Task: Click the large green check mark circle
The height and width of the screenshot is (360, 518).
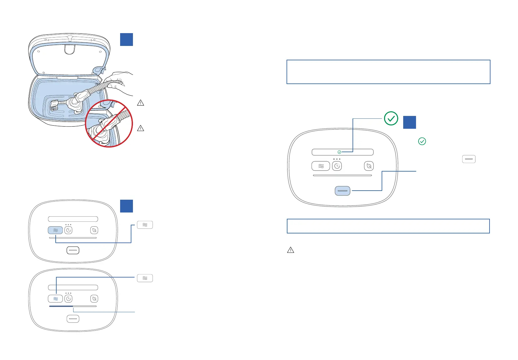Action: (x=391, y=118)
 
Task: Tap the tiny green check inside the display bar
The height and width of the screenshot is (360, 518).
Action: (x=339, y=152)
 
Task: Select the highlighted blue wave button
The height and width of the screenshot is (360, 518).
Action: (x=55, y=230)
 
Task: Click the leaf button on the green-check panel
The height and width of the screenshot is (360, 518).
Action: (x=369, y=166)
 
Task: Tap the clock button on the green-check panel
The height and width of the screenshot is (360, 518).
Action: (x=337, y=166)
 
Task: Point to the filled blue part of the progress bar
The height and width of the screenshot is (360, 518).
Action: (x=61, y=306)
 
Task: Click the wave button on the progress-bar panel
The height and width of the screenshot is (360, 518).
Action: (x=55, y=299)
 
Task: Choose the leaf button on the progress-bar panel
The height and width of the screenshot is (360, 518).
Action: (x=94, y=299)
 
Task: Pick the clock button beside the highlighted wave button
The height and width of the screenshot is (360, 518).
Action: (x=69, y=230)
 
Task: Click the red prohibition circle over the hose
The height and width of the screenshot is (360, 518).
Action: (x=109, y=123)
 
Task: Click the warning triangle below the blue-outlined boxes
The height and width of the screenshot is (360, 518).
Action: (x=291, y=250)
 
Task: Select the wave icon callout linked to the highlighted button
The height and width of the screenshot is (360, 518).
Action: (x=145, y=225)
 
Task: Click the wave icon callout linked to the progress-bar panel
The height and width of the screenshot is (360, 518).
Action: (x=145, y=278)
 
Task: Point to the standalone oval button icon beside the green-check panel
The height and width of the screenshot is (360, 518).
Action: (x=469, y=159)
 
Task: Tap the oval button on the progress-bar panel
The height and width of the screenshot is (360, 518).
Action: (x=73, y=319)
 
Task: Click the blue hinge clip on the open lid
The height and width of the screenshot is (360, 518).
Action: (x=99, y=71)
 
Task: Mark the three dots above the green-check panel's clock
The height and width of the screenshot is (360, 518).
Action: (x=337, y=159)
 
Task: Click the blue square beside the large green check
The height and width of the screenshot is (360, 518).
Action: (x=409, y=122)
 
